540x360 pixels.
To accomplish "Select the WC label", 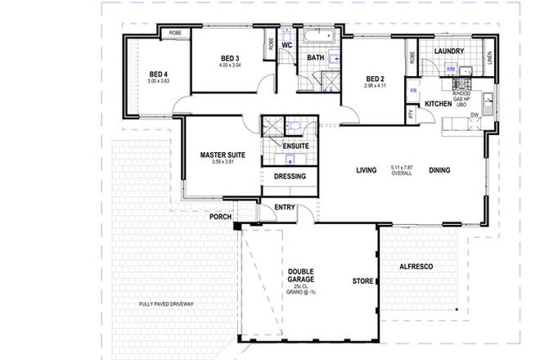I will (x=287, y=45).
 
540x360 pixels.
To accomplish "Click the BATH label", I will (x=317, y=58).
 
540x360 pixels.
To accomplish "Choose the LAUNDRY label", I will (x=449, y=52).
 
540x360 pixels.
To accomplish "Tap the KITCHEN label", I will (x=440, y=104).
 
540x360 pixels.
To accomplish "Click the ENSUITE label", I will (x=295, y=146).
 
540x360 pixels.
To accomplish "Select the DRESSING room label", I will (x=290, y=176).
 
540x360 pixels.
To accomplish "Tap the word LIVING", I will (x=366, y=170).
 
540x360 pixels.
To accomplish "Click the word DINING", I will (x=439, y=170).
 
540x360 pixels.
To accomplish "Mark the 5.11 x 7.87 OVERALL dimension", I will (x=403, y=170).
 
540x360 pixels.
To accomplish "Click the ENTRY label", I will (x=285, y=207).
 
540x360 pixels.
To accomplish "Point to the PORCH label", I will (x=220, y=217).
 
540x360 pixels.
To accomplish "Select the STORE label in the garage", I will (x=361, y=282).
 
